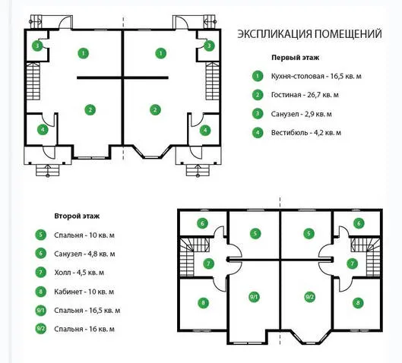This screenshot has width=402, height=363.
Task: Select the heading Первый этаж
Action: coord(296,58)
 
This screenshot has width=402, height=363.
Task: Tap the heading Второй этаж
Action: coord(77,216)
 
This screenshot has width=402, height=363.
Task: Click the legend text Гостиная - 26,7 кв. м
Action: coord(305,95)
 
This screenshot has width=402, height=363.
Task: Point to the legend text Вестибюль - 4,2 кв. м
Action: coord(306,133)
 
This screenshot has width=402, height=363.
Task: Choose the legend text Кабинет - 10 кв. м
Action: coord(84,292)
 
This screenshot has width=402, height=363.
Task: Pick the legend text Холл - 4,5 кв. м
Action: coord(79,273)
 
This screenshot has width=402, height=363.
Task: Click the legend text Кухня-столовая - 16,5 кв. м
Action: coord(316,76)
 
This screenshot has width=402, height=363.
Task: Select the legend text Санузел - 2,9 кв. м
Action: coord(302,114)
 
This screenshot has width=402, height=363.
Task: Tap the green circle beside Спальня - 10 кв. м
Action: coord(41,235)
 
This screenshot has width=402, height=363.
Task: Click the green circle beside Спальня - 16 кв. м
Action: coord(41,329)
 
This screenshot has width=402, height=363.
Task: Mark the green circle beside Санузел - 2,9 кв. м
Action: coord(258,114)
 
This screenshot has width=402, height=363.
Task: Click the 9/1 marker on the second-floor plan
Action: coord(254,297)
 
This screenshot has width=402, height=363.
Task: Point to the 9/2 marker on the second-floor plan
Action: coord(309,297)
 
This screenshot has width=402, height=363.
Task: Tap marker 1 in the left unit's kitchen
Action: coord(84,53)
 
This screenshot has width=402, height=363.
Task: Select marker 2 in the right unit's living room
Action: coord(155,110)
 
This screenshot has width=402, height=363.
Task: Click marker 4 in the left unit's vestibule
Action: coord(43,130)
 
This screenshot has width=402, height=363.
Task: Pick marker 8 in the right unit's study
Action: coord(358,303)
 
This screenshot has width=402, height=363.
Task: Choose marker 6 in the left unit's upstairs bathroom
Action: coord(202,223)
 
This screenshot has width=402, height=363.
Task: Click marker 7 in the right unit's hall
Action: coord(353,264)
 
